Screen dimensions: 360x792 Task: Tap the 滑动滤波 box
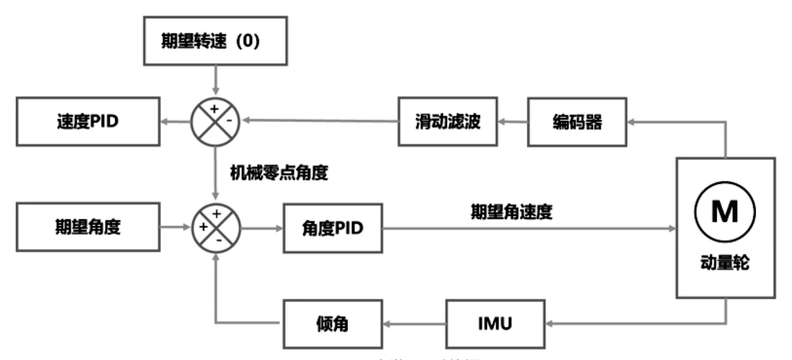coord(448,122)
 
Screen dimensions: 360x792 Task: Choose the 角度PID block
coord(332,228)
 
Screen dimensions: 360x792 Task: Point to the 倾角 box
coord(332,324)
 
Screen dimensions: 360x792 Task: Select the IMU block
coord(495,324)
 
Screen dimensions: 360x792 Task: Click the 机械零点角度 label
coord(279,173)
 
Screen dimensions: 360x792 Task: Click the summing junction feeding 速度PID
coord(215,122)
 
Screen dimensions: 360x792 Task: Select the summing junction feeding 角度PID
coord(215,227)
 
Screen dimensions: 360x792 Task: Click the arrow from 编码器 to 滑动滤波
coord(512,122)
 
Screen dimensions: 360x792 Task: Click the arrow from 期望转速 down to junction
coord(215,81)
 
